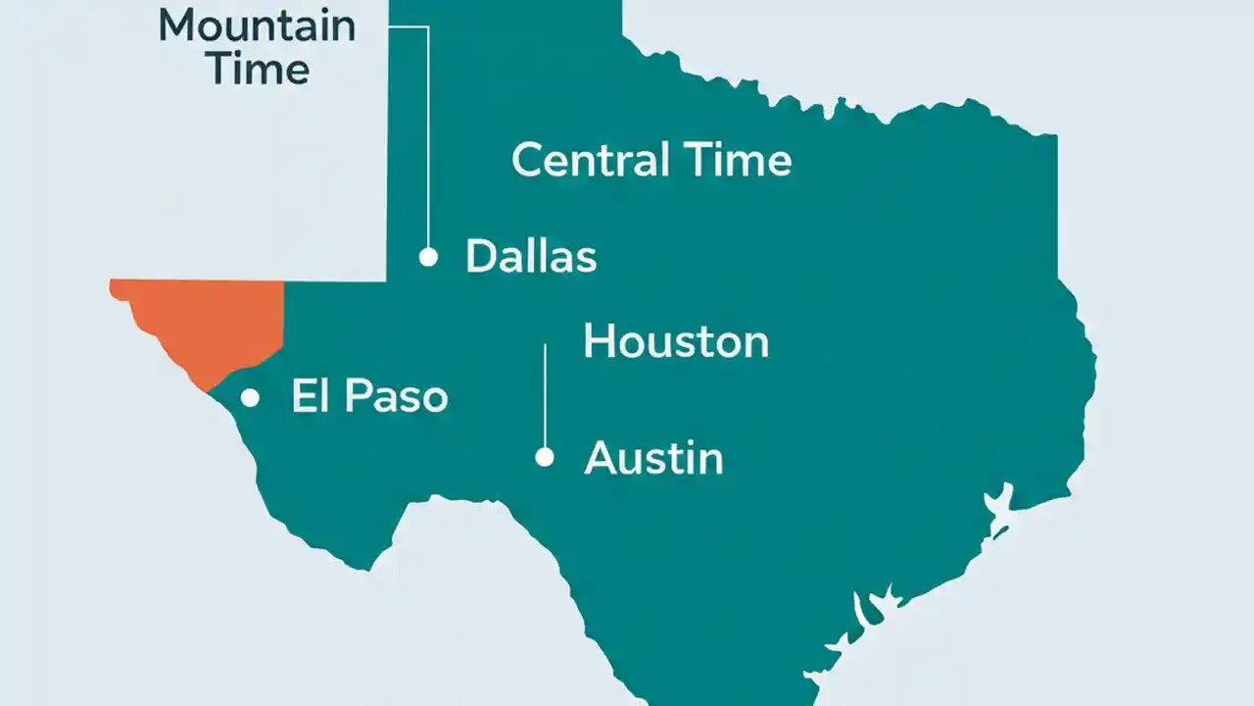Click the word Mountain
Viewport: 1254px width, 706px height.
[257, 25]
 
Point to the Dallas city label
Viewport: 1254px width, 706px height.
[531, 257]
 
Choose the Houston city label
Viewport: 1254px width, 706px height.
[676, 342]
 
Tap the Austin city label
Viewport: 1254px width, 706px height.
[653, 458]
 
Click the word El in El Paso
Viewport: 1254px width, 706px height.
[308, 396]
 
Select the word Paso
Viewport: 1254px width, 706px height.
[393, 396]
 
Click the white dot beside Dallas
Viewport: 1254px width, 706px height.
[428, 257]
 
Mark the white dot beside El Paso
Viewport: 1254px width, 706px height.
[250, 397]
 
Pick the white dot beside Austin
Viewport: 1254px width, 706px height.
[545, 457]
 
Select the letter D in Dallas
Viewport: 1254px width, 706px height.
[480, 257]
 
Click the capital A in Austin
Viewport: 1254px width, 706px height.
[599, 458]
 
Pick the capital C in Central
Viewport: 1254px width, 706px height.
[528, 160]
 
